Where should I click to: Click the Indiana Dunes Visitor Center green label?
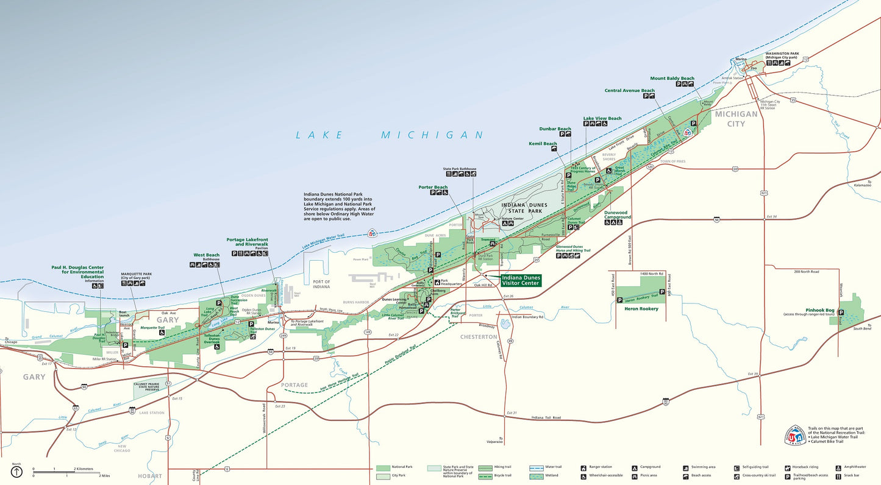520,280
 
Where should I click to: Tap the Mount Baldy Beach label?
672,79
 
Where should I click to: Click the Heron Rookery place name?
641,309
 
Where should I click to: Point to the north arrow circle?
16,472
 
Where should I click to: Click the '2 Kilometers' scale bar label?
84,469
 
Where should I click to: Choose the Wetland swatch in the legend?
537,475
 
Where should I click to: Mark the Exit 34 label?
772,216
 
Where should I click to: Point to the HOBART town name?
150,476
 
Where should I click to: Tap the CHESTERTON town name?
479,337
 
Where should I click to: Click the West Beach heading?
206,255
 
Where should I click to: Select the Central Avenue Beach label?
629,91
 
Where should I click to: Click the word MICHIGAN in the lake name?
432,135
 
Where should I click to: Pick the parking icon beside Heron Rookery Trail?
620,300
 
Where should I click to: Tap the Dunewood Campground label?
618,214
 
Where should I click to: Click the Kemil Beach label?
542,144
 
